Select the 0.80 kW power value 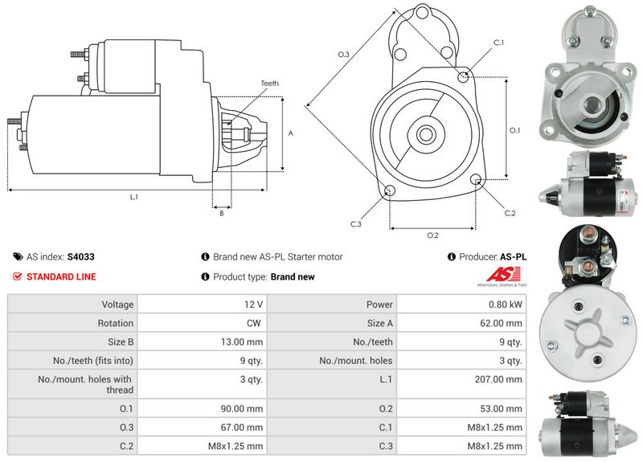click(x=506, y=305)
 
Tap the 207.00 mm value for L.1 click(x=501, y=379)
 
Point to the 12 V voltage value click(x=254, y=305)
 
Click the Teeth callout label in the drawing click(x=269, y=84)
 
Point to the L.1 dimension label click(x=133, y=197)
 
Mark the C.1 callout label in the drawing click(x=498, y=43)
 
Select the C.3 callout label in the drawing click(x=355, y=223)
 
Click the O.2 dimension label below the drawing click(x=432, y=235)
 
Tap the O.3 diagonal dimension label click(x=343, y=54)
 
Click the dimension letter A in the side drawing click(x=290, y=133)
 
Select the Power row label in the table click(x=380, y=305)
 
